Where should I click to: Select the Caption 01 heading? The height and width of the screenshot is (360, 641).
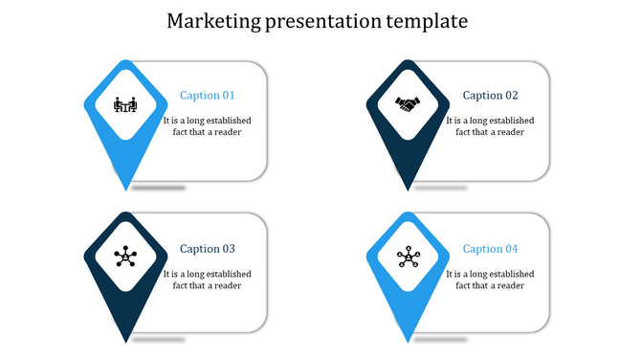coord(208,96)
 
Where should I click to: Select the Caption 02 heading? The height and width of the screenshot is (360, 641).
coord(490,96)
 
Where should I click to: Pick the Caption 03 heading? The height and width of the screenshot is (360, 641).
coord(208,249)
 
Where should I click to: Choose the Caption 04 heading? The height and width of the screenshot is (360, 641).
coord(490,249)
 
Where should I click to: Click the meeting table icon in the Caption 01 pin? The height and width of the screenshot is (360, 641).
coord(124,104)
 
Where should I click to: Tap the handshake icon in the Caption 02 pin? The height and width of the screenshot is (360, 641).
coord(408,104)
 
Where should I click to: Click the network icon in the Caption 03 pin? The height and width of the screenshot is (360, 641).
coord(124,256)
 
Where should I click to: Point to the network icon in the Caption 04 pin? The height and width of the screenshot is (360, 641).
coord(408,256)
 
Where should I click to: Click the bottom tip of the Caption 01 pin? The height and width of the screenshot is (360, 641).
coord(125,188)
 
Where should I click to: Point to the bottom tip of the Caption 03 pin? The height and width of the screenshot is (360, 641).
coord(125,340)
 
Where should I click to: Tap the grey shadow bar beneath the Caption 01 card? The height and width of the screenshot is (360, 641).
coord(159,188)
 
